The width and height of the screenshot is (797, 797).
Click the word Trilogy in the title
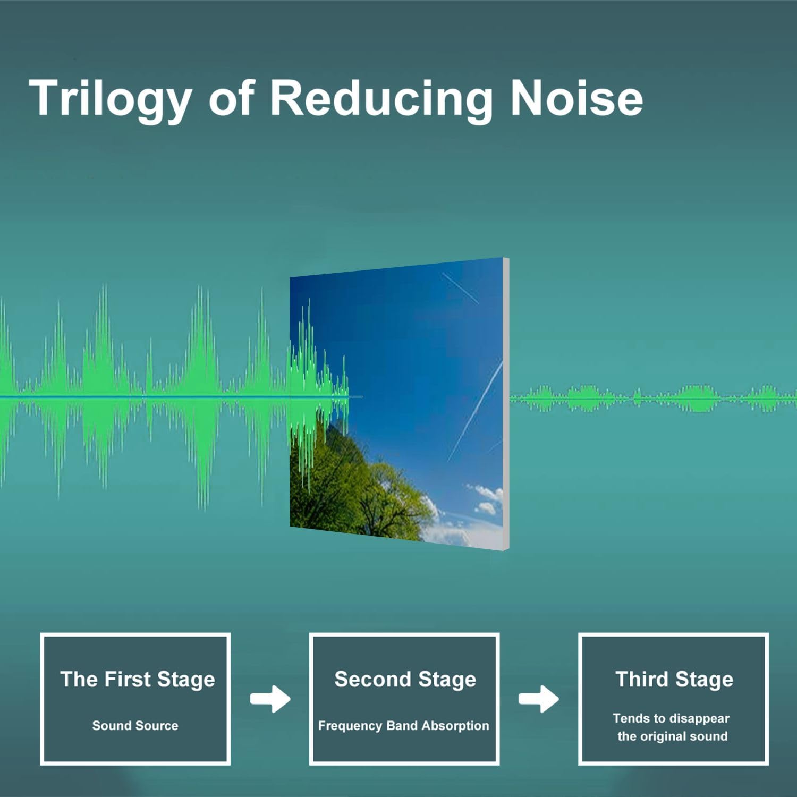pyautogui.click(x=111, y=99)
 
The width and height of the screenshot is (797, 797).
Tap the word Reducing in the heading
pyautogui.click(x=381, y=99)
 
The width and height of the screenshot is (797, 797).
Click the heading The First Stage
pyautogui.click(x=138, y=680)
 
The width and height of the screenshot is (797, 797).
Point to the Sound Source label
pyautogui.click(x=135, y=726)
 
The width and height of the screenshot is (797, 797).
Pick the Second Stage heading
pyautogui.click(x=405, y=680)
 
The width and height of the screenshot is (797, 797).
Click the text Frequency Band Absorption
pyautogui.click(x=403, y=726)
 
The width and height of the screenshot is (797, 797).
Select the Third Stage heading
pyautogui.click(x=674, y=680)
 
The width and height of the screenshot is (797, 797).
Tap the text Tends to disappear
pyautogui.click(x=671, y=719)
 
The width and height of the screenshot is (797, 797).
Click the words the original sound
pyautogui.click(x=672, y=736)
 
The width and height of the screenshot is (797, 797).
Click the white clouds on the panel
pyautogui.click(x=484, y=502)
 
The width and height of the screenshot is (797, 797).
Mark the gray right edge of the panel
pyautogui.click(x=506, y=404)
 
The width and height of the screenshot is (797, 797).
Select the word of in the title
pyautogui.click(x=232, y=99)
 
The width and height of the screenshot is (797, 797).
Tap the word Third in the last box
pyautogui.click(x=641, y=679)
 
